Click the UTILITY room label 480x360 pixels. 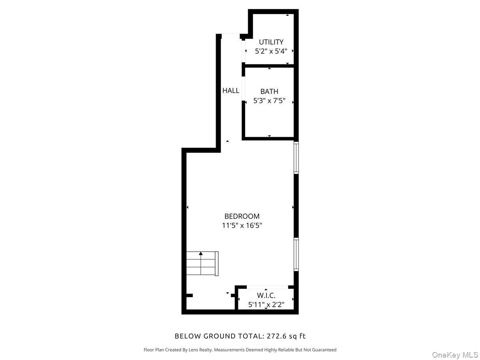[271, 42]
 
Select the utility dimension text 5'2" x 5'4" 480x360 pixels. [271, 51]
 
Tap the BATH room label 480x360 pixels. [269, 92]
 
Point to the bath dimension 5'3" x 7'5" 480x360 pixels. [269, 101]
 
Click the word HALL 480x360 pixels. [231, 91]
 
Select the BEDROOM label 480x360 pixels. [242, 216]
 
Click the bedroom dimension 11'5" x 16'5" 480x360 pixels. [242, 226]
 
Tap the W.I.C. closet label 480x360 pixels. [266, 296]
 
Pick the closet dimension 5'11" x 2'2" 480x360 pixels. [266, 305]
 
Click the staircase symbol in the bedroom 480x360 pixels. [202, 263]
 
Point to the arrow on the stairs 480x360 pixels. [201, 254]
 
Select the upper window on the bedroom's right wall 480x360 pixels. [296, 158]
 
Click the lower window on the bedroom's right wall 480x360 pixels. [296, 254]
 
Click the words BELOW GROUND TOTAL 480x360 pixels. [218, 336]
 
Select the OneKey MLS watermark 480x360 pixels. [455, 355]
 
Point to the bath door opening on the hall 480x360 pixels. [243, 88]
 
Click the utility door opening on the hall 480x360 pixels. [243, 52]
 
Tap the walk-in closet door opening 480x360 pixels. [267, 287]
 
